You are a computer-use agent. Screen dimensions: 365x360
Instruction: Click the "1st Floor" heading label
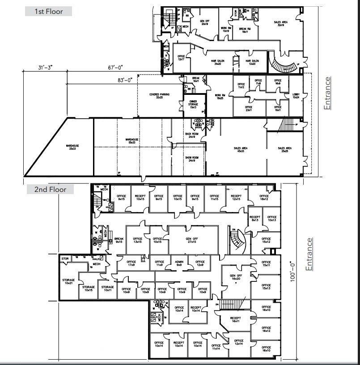point(48,12)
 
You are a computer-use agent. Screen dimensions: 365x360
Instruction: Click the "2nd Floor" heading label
point(50,190)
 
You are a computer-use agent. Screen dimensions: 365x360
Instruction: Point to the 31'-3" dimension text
point(46,68)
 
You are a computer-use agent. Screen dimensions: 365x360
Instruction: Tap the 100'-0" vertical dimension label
point(293,271)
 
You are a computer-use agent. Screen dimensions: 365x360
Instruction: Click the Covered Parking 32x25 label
point(159,96)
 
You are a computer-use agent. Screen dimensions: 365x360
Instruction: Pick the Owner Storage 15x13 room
point(193,105)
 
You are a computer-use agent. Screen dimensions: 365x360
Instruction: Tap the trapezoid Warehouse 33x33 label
point(72,147)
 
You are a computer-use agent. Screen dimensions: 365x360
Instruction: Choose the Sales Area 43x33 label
point(241,150)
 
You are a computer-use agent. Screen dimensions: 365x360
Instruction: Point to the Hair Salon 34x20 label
point(218,62)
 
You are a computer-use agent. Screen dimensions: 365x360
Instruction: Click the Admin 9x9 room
point(179,263)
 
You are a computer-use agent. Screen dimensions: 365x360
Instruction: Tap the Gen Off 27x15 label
point(192,240)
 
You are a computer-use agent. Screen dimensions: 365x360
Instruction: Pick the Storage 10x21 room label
point(68,281)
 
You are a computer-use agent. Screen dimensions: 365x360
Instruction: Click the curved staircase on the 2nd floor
point(239,242)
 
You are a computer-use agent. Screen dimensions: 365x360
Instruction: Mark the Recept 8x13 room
point(255,218)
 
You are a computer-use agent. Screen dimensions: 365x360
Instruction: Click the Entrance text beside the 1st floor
point(328,93)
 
